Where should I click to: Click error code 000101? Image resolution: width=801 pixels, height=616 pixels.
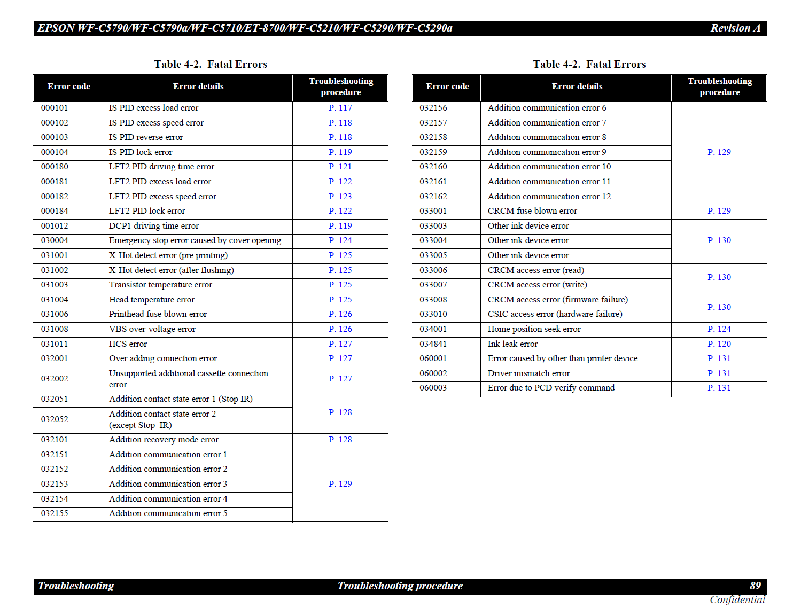55,108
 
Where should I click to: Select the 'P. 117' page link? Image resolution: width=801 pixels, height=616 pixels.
340,108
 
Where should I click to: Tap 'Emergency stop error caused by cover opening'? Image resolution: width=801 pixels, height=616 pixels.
195,240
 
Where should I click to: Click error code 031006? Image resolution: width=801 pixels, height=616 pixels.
55,314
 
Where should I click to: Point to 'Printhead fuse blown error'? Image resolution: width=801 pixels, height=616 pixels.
158,314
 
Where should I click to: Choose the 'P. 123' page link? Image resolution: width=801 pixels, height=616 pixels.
340,197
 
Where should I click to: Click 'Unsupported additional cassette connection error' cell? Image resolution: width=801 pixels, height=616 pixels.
189,379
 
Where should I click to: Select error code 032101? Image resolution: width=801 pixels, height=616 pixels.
55,440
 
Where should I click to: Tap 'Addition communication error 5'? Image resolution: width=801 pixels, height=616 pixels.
168,513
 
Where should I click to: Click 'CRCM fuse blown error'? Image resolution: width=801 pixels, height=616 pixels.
532,211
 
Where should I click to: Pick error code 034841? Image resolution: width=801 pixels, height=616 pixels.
433,344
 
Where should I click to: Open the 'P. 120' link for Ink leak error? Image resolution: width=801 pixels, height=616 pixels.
719,344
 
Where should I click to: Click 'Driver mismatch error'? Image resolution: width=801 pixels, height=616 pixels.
528,373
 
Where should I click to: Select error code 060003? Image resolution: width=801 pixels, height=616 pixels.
433,388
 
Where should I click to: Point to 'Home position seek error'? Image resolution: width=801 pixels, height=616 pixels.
534,329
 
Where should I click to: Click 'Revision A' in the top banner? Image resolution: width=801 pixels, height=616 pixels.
735,28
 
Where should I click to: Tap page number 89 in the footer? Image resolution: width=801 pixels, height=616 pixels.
755,586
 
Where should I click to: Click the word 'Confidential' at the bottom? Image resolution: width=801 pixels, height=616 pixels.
737,600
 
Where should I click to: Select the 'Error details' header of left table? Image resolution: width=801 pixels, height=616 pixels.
198,87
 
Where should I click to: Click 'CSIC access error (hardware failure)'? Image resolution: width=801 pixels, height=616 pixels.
555,314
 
